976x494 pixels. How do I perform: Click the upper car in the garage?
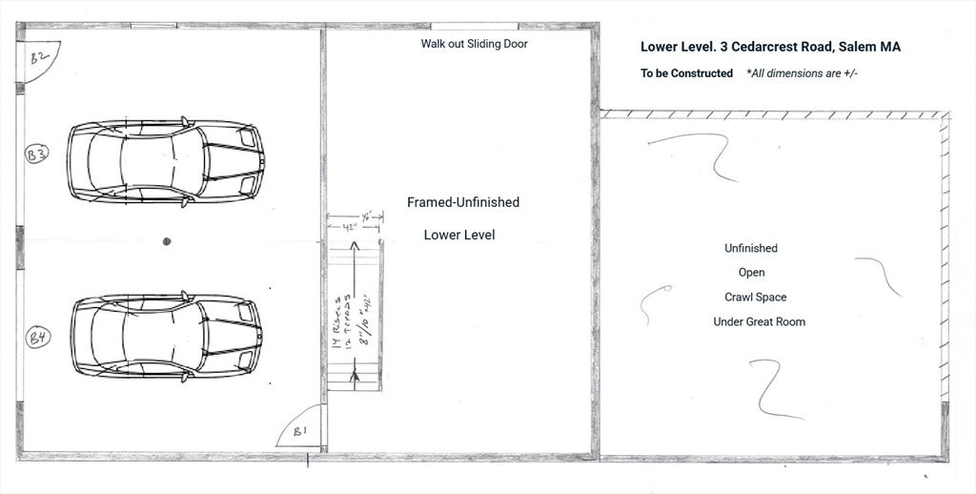point(165,161)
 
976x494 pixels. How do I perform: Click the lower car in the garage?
point(165,337)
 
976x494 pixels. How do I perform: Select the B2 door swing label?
point(40,59)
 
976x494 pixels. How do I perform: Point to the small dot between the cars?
point(166,241)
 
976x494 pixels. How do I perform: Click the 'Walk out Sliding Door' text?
point(474,44)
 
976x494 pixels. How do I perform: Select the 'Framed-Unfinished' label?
point(463,202)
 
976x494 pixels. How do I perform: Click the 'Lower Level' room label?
point(459,235)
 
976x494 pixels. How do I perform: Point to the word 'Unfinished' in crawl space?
point(751,248)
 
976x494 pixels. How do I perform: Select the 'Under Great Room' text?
point(759,322)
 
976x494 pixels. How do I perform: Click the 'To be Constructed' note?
point(686,73)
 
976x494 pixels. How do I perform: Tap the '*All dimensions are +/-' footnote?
point(802,73)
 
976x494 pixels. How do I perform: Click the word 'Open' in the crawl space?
point(751,273)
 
